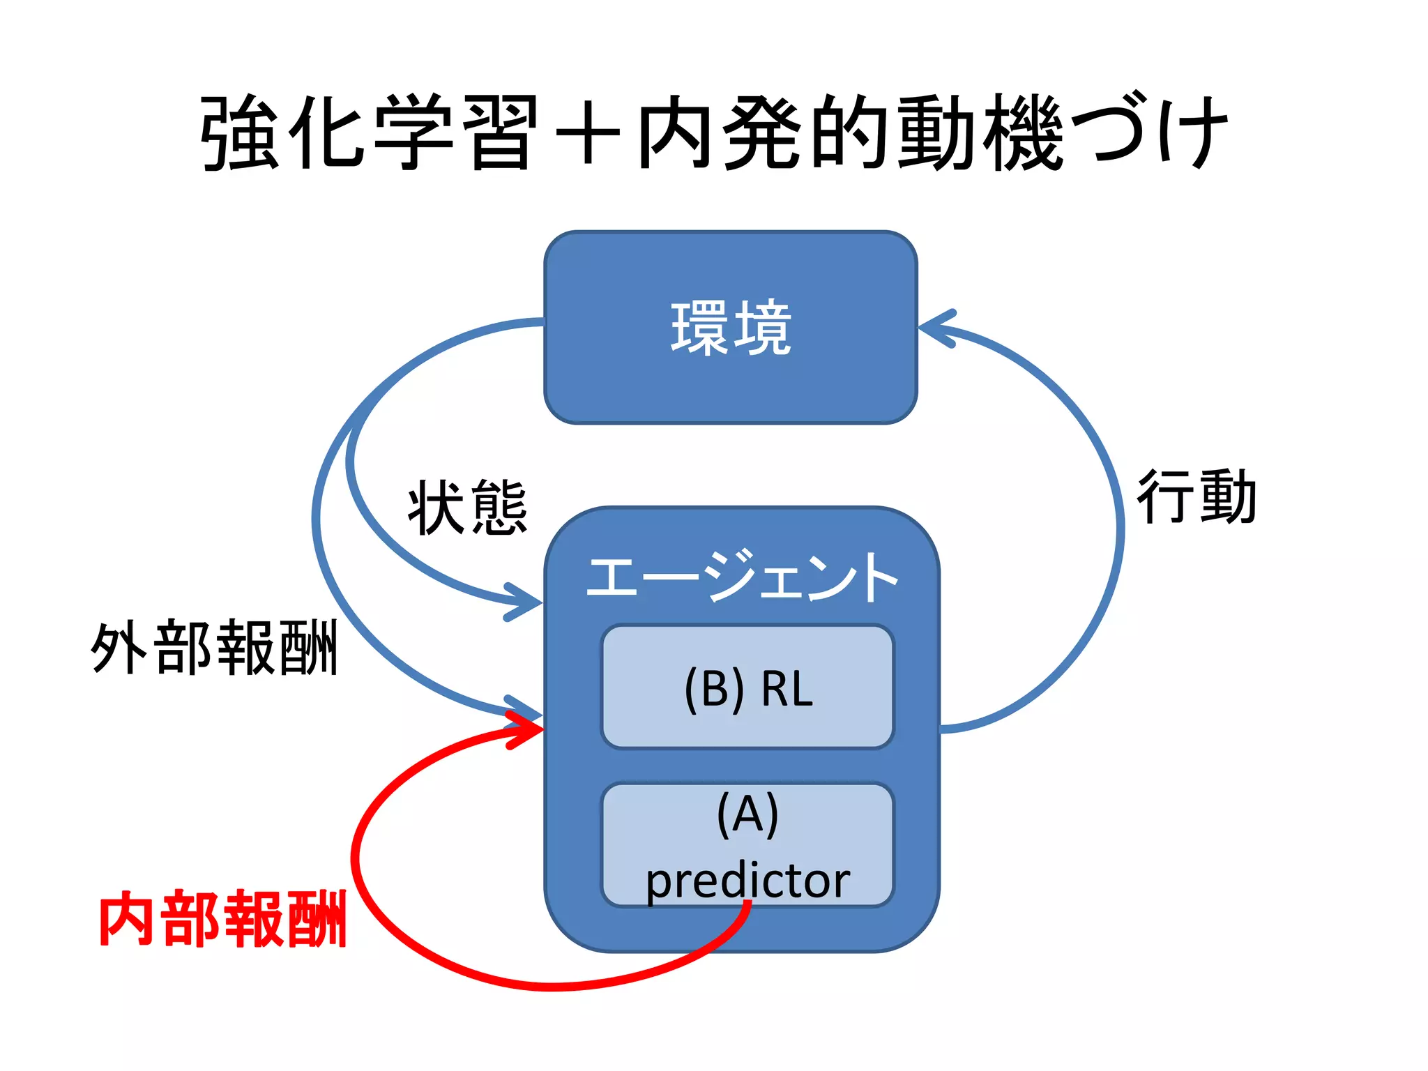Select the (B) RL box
747,687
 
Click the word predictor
747,881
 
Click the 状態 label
467,508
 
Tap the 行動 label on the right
1197,496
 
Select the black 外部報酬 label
215,648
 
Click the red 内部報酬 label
223,919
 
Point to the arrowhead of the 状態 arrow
526,602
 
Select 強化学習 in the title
370,132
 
